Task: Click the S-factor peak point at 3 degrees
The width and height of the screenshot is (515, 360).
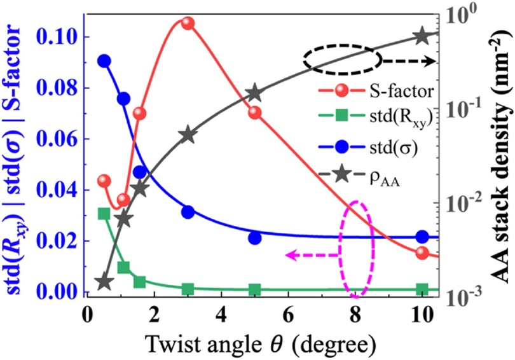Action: [x=187, y=23]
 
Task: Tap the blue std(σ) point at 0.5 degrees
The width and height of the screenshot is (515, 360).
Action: [x=104, y=61]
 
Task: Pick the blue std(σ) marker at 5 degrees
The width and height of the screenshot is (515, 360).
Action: [x=255, y=238]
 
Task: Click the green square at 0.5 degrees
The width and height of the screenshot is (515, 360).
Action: [x=104, y=213]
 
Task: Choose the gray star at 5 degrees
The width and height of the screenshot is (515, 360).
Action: [x=255, y=93]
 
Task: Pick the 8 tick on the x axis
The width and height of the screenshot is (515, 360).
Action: [x=355, y=315]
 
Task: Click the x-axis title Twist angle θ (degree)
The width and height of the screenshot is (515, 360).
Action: [x=254, y=343]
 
